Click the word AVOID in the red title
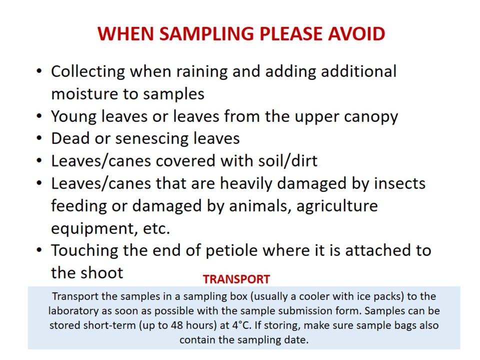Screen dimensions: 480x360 [356, 33]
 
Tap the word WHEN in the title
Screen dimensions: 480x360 [125, 33]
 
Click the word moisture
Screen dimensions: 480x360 [84, 94]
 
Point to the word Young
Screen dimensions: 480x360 [74, 117]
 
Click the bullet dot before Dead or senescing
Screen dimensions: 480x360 [39, 138]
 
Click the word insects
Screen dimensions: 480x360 [399, 183]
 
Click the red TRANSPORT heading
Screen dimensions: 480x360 [236, 279]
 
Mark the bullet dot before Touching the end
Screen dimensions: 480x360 [39, 250]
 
